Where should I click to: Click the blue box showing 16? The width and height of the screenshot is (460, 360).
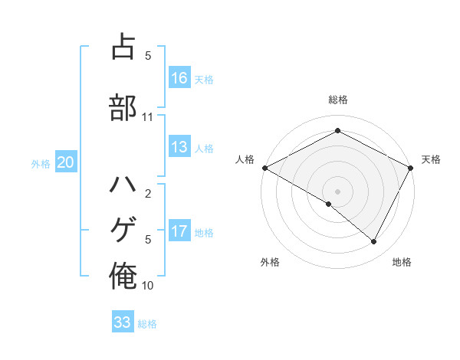click(x=179, y=78)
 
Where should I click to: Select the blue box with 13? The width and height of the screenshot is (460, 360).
click(x=179, y=148)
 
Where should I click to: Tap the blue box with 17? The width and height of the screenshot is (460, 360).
click(x=179, y=231)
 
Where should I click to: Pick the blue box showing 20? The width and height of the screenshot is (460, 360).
click(x=66, y=162)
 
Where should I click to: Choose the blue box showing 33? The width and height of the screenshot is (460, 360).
click(x=123, y=322)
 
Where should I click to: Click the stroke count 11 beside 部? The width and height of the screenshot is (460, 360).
click(x=147, y=117)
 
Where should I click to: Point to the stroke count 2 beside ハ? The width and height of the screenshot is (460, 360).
click(x=147, y=194)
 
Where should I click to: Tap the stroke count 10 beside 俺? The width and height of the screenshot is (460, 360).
click(x=147, y=286)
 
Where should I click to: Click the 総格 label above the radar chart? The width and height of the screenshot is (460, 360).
click(x=337, y=100)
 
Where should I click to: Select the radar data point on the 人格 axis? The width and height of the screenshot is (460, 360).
click(x=264, y=168)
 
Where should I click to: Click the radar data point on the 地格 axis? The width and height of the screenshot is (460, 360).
click(x=374, y=242)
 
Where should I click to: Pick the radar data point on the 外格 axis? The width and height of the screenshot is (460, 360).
click(x=329, y=204)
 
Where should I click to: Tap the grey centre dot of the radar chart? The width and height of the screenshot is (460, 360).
click(x=337, y=191)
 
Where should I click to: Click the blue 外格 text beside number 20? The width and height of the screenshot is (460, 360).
click(x=41, y=163)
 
